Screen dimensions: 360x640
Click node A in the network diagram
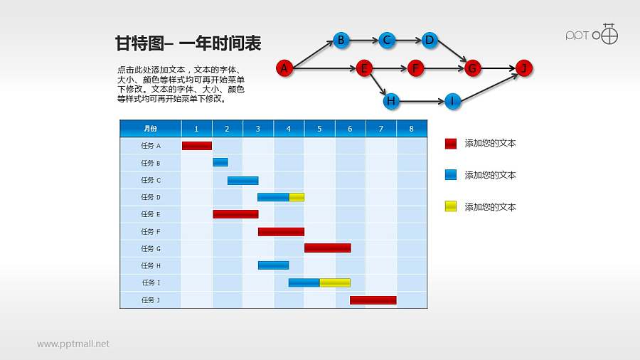[284, 68]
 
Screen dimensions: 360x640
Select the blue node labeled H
[390, 101]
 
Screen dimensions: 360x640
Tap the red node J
[523, 68]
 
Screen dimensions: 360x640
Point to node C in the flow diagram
[387, 40]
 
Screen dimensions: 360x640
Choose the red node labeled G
[472, 68]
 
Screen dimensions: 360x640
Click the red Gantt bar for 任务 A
[196, 146]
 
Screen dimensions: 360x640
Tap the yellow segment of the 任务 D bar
[297, 197]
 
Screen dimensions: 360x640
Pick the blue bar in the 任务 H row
[273, 265]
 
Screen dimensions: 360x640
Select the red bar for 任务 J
[373, 300]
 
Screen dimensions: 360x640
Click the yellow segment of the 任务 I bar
[334, 282]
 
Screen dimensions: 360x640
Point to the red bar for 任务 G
[327, 248]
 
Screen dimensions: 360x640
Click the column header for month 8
[411, 128]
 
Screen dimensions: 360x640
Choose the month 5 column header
[319, 128]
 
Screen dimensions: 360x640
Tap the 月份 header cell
[150, 128]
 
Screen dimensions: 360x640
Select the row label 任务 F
[150, 231]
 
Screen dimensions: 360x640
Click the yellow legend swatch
[450, 207]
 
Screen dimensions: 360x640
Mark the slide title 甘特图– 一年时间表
[188, 44]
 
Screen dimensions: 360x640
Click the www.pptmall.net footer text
[73, 344]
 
